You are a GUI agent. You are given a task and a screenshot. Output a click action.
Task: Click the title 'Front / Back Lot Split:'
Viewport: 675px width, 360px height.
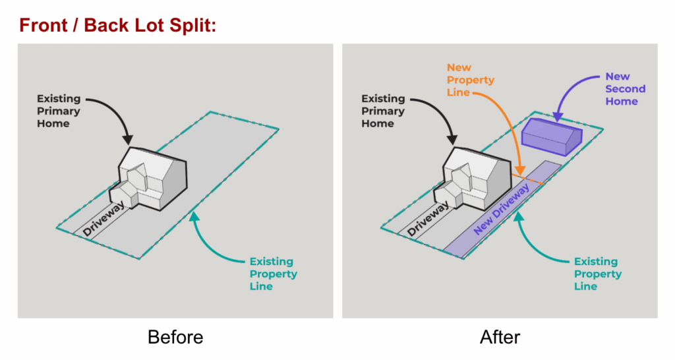pyautogui.click(x=118, y=26)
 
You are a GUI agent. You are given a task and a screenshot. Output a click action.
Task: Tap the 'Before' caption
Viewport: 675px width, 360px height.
pyautogui.click(x=175, y=338)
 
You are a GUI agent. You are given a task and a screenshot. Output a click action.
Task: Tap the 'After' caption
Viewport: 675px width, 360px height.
pyautogui.click(x=500, y=338)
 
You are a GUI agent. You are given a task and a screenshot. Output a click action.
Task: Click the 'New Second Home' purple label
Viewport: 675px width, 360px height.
pyautogui.click(x=625, y=89)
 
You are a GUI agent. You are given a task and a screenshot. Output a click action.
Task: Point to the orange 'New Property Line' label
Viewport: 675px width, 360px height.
pyautogui.click(x=470, y=80)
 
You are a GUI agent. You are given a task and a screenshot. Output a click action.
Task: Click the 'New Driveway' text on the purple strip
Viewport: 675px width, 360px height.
pyautogui.click(x=502, y=209)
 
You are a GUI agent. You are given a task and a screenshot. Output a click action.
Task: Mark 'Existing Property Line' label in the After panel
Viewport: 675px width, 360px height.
pyautogui.click(x=597, y=274)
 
